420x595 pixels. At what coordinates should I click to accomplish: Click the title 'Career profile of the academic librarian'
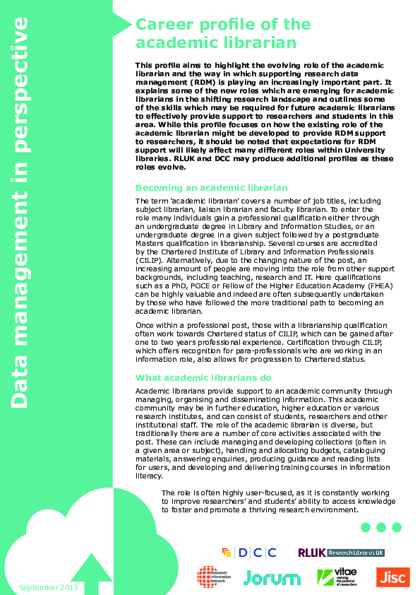(x=222, y=33)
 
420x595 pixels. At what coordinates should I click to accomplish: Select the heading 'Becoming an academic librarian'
(x=211, y=188)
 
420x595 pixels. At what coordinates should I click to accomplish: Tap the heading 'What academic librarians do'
(x=203, y=377)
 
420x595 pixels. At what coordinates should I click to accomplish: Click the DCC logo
(x=248, y=553)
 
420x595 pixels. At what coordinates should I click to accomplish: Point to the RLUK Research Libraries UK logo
(x=341, y=553)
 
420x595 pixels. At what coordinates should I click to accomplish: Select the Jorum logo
(x=272, y=577)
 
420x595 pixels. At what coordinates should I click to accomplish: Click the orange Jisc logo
(x=392, y=577)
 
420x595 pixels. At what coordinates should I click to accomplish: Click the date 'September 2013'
(x=49, y=587)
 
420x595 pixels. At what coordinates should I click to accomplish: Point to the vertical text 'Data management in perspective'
(x=19, y=212)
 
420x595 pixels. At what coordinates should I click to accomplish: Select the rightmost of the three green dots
(x=397, y=527)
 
